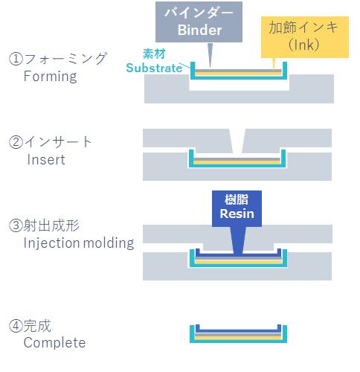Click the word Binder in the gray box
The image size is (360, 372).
click(199, 31)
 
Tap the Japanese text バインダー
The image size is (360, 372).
click(199, 13)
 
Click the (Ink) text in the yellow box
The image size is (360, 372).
click(304, 45)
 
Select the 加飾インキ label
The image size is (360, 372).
click(303, 27)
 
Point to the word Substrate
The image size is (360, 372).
click(154, 68)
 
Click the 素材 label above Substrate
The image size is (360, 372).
click(154, 54)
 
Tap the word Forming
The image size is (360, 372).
click(51, 77)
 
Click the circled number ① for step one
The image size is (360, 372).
click(16, 59)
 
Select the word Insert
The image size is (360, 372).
click(46, 160)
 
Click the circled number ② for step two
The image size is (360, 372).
click(16, 142)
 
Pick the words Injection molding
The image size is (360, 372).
click(79, 243)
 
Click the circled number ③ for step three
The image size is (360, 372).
click(16, 225)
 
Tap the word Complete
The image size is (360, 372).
click(54, 343)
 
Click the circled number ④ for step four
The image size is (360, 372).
click(16, 326)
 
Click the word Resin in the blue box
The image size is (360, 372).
click(237, 214)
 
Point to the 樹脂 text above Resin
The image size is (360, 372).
click(237, 199)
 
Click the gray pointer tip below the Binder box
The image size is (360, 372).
click(210, 67)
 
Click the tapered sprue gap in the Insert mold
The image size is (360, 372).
click(237, 141)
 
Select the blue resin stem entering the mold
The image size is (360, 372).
click(238, 240)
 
